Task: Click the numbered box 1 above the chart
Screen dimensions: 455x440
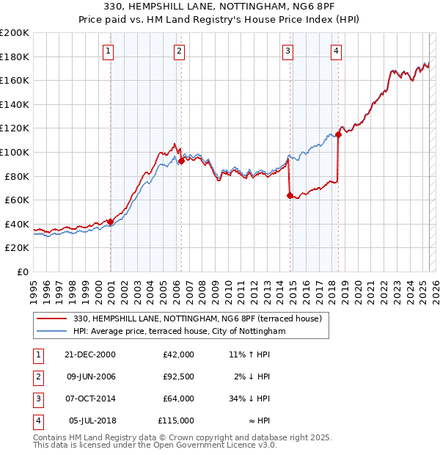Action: tap(108, 51)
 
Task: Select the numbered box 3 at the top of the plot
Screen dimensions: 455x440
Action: tap(288, 51)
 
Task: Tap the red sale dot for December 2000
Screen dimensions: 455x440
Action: tap(110, 222)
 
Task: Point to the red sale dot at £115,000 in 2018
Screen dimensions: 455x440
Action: tap(339, 134)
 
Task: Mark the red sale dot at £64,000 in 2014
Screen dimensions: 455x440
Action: tap(290, 195)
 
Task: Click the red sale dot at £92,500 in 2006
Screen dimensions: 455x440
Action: tap(180, 161)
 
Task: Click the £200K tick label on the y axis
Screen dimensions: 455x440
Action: tap(15, 33)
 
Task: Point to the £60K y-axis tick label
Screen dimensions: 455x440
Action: tap(17, 200)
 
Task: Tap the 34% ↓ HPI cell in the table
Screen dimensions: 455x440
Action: tap(249, 398)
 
